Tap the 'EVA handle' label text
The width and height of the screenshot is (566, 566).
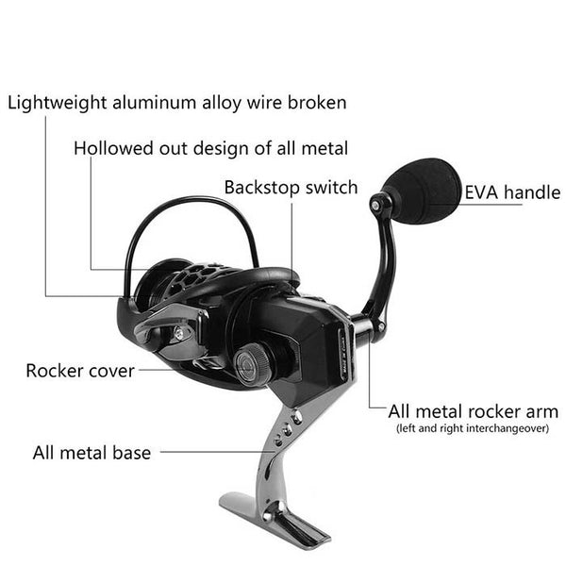(512, 192)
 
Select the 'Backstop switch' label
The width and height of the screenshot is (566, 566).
(291, 188)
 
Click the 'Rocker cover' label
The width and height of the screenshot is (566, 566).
(80, 371)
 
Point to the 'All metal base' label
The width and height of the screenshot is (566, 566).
(92, 453)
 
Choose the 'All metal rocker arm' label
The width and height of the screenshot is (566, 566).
(474, 411)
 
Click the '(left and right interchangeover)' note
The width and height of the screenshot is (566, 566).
(473, 428)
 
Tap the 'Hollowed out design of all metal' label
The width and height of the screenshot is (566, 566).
(210, 148)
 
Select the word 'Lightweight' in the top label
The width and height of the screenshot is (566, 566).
(58, 103)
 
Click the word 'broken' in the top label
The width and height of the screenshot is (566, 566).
(317, 102)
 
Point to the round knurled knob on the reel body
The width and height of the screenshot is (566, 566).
(250, 362)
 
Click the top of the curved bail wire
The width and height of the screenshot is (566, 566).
(193, 199)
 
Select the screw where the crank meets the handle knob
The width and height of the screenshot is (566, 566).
(375, 206)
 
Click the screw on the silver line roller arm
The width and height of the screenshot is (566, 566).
(178, 333)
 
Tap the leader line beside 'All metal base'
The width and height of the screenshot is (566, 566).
(217, 452)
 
